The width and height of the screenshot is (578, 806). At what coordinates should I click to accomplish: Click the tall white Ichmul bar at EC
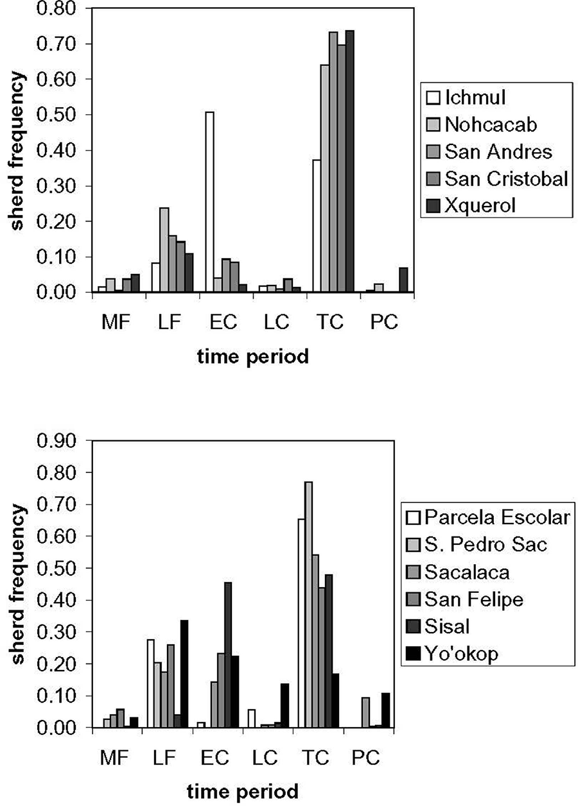pos(209,202)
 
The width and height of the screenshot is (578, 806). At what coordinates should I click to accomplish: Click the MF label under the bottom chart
pos(115,757)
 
